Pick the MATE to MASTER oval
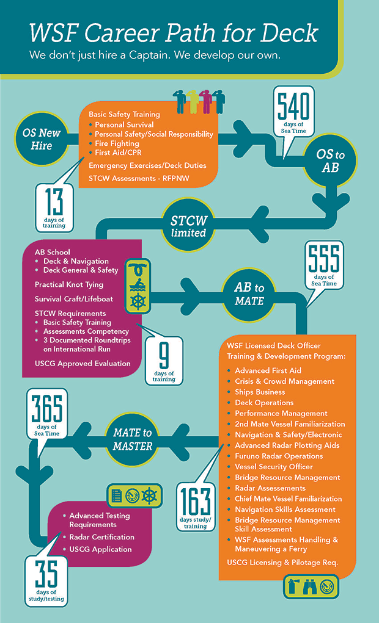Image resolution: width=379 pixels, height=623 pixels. (x=132, y=438)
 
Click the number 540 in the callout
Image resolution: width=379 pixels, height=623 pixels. (x=293, y=109)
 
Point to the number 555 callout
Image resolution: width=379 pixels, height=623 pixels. (x=323, y=259)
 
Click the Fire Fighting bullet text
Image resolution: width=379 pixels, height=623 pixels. (x=117, y=143)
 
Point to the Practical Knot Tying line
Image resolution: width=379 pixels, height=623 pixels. (x=68, y=284)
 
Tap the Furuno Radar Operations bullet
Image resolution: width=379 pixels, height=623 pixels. (x=279, y=456)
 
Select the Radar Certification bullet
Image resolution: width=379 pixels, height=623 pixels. (x=101, y=537)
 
